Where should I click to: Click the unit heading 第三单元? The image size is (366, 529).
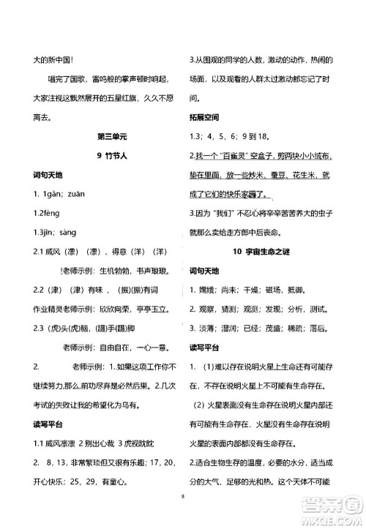tap(111, 136)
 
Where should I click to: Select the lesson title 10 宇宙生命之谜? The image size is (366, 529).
tap(257, 251)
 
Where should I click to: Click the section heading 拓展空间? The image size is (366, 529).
tap(206, 117)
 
